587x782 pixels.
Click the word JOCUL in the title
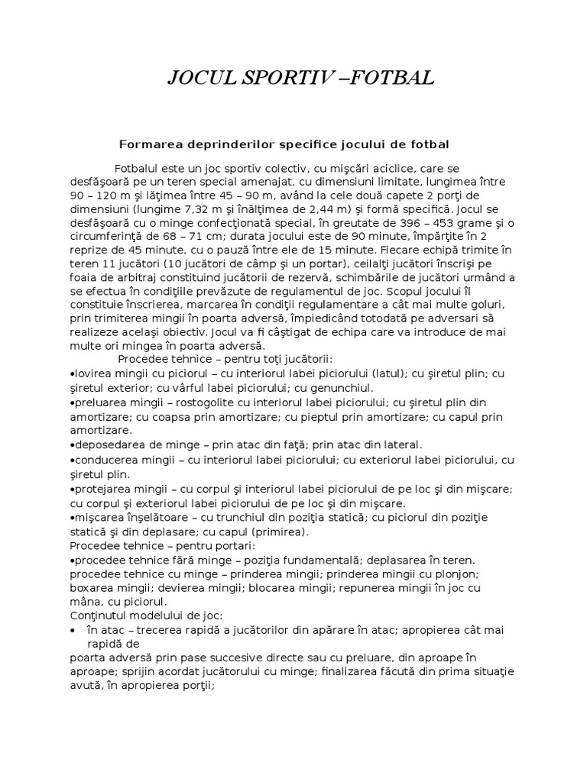click(199, 78)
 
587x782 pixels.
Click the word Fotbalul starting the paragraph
click(141, 168)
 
